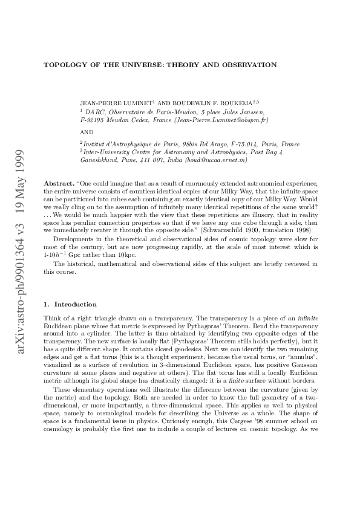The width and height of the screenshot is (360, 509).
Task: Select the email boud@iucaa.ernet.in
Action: click(x=213, y=160)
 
